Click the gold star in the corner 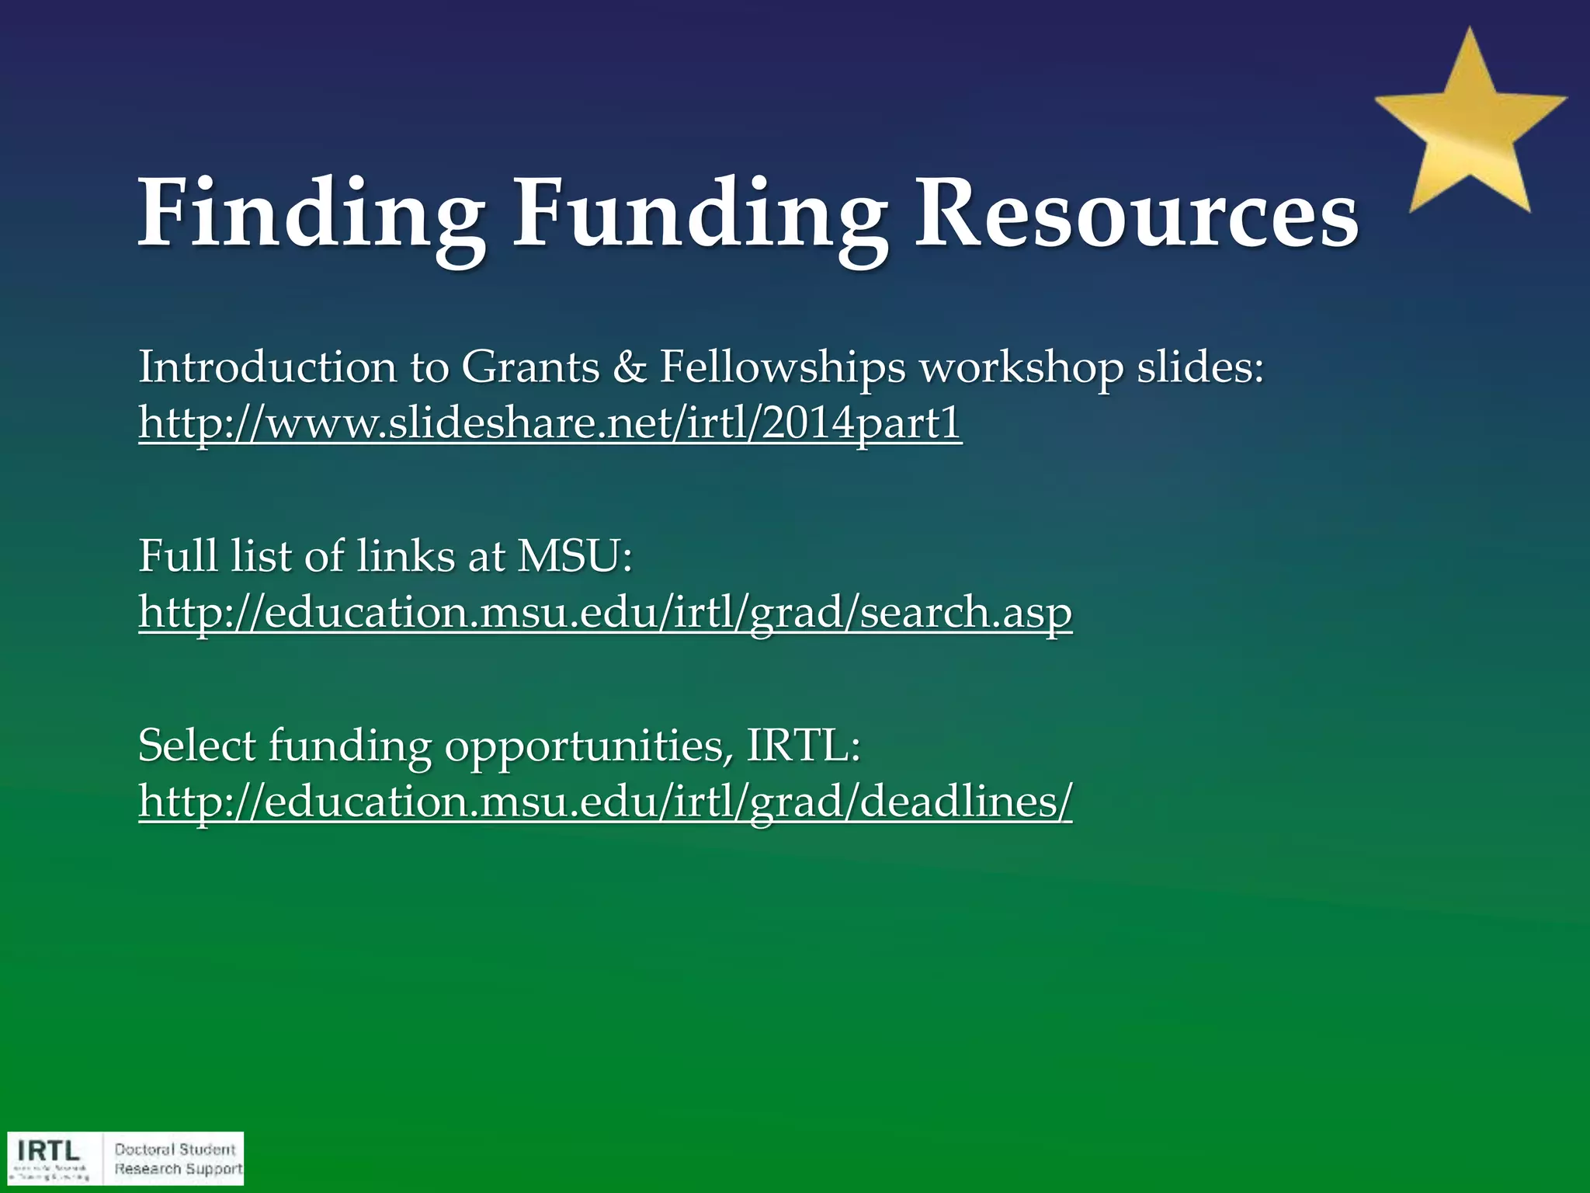coord(1470,124)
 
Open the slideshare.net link coord(550,423)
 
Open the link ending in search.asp coord(606,613)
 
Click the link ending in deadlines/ coord(606,802)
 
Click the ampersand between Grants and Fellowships coord(629,367)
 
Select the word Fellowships coord(782,367)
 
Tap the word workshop coord(1020,367)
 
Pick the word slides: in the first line coord(1199,367)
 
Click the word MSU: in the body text coord(575,556)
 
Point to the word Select coord(196,746)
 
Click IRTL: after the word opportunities coord(804,746)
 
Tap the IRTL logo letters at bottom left coord(49,1150)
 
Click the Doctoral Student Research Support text coord(178,1159)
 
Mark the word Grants coord(530,367)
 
